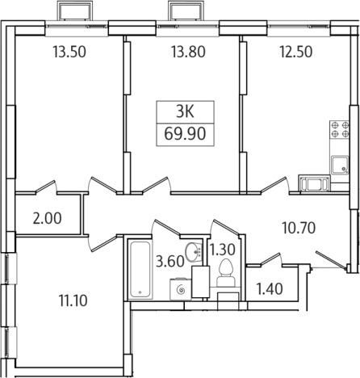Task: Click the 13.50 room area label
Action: coord(69,52)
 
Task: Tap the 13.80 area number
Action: coord(188,52)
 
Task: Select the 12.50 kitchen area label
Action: coord(296,52)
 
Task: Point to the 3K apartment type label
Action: coord(185,112)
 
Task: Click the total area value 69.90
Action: coord(185,134)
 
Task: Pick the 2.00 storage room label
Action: coord(47,218)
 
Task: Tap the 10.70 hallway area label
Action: coord(299,228)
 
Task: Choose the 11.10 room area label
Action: coord(73,300)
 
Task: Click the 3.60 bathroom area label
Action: coord(170,262)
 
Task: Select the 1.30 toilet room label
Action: coord(223,250)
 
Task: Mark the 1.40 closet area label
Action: coord(270,289)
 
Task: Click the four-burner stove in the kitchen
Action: coord(340,129)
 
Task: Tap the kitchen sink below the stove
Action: coord(340,165)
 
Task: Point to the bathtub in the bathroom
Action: coord(140,269)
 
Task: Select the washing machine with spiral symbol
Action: coord(181,289)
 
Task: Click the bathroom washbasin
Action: coord(194,251)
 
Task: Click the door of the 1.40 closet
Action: coord(271,259)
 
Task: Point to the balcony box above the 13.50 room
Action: coord(75,10)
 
